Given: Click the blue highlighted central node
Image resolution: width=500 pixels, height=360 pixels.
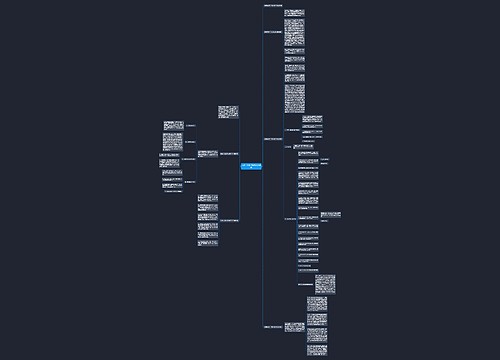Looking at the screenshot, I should point(250,165).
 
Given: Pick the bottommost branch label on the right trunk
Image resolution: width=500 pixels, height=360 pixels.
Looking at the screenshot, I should point(274,327).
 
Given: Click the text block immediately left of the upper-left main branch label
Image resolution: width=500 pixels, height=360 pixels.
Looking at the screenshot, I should point(204,154).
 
